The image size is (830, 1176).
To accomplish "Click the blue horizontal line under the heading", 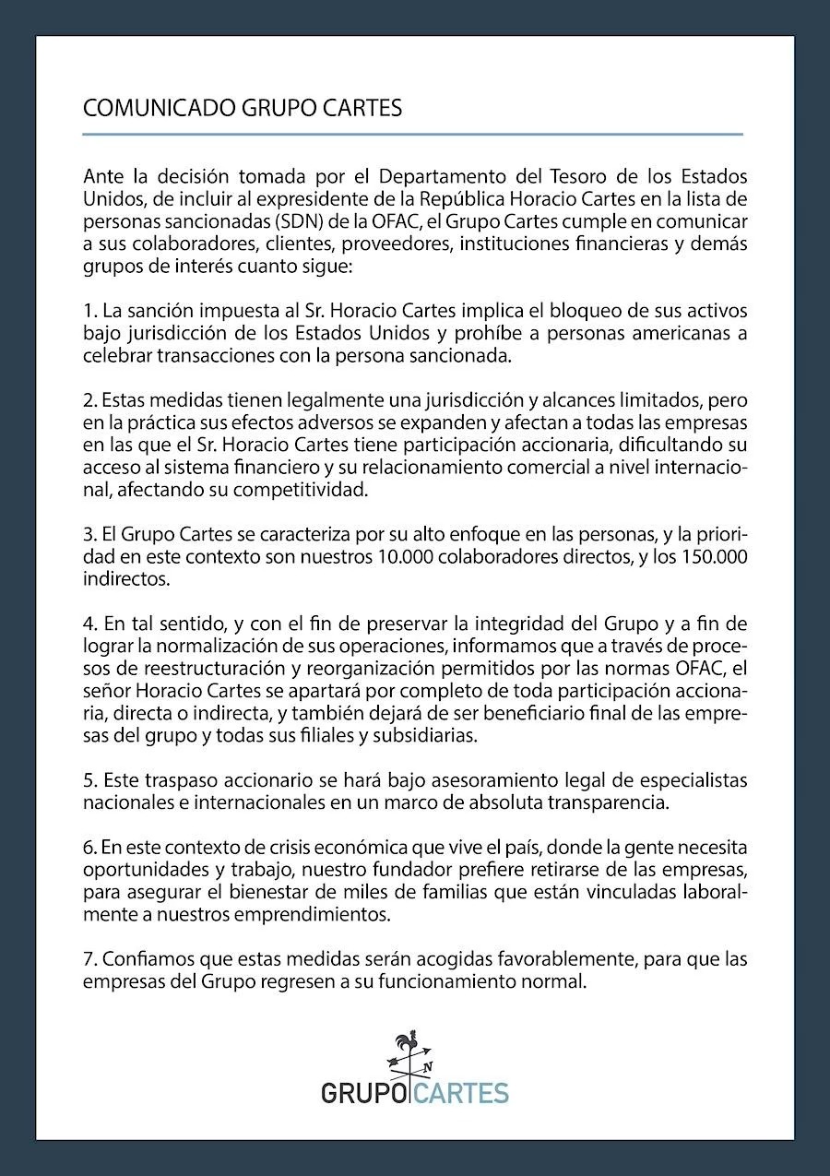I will point(412,135).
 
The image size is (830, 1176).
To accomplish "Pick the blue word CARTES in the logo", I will point(461,1094).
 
